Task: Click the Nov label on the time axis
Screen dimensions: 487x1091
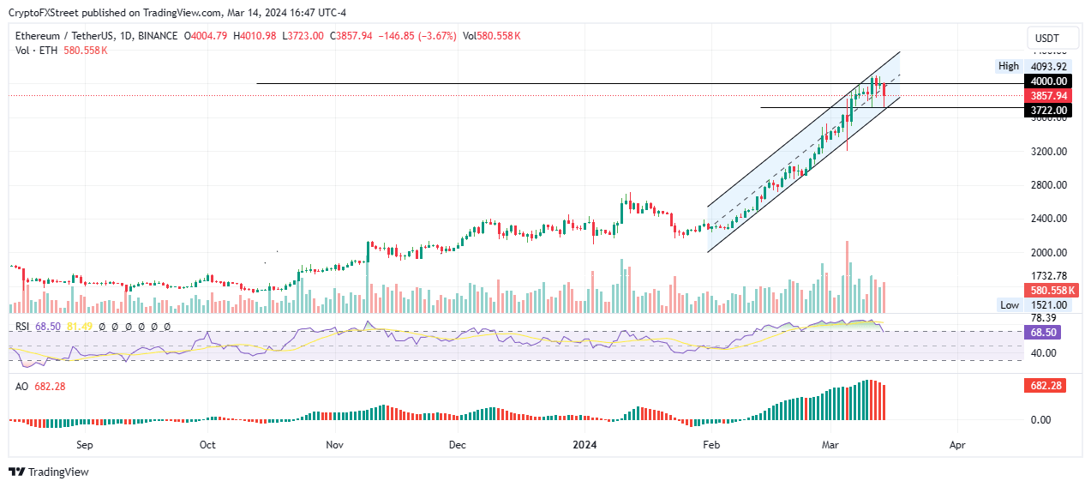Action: pyautogui.click(x=335, y=446)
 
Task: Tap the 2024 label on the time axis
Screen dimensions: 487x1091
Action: pyautogui.click(x=584, y=446)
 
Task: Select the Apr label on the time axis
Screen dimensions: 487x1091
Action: pyautogui.click(x=957, y=446)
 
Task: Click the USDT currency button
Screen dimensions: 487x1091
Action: pyautogui.click(x=1047, y=39)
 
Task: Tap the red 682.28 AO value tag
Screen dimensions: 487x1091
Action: pyautogui.click(x=1044, y=387)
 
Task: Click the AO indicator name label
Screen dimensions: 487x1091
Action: pyautogui.click(x=22, y=387)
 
